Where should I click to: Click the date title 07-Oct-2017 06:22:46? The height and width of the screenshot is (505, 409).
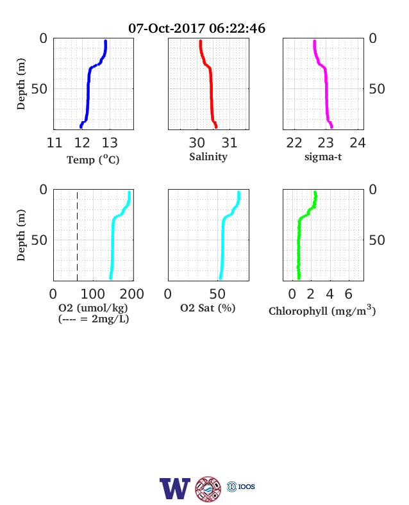click(x=197, y=28)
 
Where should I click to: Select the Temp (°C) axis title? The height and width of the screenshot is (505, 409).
click(x=93, y=160)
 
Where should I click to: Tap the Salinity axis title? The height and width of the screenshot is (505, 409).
click(x=208, y=157)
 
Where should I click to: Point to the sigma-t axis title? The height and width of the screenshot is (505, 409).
click(x=323, y=157)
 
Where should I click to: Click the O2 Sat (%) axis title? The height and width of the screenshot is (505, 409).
click(x=208, y=308)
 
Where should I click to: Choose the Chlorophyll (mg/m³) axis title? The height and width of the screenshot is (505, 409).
click(x=322, y=310)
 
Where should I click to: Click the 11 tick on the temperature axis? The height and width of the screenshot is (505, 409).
click(x=54, y=143)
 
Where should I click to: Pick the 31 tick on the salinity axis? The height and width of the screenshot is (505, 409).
click(x=230, y=143)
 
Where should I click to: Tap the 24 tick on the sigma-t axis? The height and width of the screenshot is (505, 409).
click(x=358, y=143)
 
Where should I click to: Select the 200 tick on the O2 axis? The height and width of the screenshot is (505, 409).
click(x=131, y=294)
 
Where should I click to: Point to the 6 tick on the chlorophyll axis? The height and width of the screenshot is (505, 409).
click(x=349, y=294)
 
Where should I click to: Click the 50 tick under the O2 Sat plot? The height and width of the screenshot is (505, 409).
click(x=217, y=294)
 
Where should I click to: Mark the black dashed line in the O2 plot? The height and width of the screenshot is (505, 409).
click(x=78, y=236)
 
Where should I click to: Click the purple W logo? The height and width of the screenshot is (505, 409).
click(x=175, y=488)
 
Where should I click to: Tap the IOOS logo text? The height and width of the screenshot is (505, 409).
click(x=247, y=486)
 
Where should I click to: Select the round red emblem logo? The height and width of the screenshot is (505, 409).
click(x=208, y=489)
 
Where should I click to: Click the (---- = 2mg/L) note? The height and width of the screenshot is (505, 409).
click(x=94, y=319)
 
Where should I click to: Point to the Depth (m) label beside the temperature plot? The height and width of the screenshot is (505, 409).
click(x=21, y=84)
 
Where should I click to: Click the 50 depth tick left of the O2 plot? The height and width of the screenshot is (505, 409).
click(x=39, y=240)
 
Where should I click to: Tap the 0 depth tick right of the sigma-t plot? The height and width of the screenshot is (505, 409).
click(x=372, y=38)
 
